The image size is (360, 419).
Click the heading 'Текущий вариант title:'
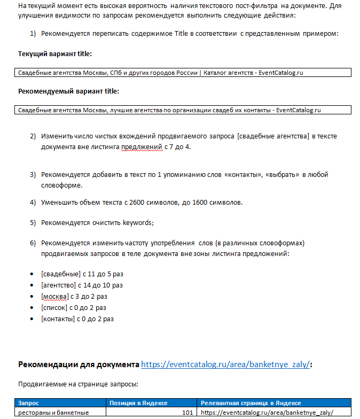tap(55, 54)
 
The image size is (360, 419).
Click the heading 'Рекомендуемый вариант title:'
tap(68, 91)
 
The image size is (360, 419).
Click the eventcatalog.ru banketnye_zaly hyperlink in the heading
tap(225, 364)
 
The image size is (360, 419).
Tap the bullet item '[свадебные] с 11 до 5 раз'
tap(82, 274)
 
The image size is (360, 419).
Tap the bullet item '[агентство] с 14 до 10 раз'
tap(82, 285)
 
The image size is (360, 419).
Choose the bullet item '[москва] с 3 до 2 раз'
tap(74, 297)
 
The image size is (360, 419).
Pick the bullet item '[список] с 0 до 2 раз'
tap(73, 308)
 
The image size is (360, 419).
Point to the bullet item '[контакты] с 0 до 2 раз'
tap(77, 319)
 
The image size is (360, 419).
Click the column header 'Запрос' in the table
tap(29, 403)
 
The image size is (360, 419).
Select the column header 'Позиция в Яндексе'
tap(138, 403)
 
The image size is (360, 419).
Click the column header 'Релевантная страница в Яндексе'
tap(251, 403)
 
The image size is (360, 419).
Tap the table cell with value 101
tap(186, 413)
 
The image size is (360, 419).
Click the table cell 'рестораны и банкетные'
tap(53, 413)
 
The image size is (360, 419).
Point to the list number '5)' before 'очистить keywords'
tap(33, 223)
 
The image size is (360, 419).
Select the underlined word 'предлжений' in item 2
tap(142, 146)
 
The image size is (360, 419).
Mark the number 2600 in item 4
tap(146, 203)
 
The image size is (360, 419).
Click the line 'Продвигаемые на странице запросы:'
tap(78, 384)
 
